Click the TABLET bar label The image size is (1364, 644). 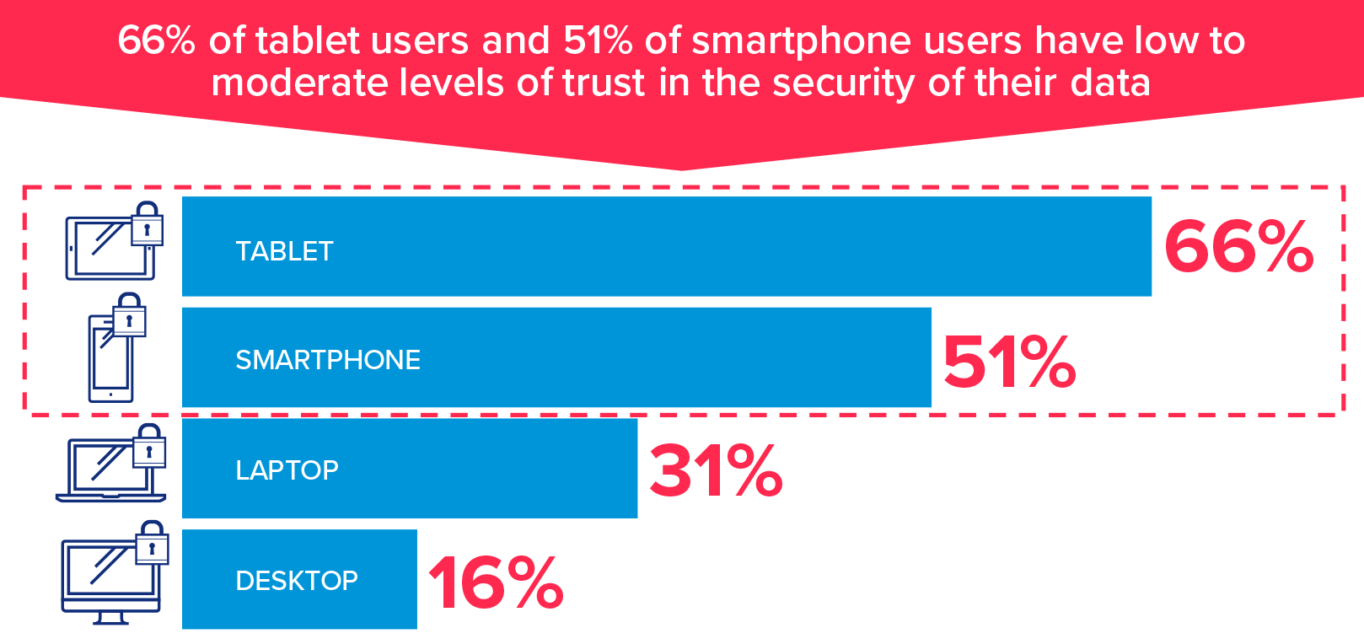click(x=284, y=251)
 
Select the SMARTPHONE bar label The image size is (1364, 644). click(x=328, y=360)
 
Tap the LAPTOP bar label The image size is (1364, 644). click(x=287, y=470)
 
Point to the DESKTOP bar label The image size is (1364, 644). click(x=297, y=580)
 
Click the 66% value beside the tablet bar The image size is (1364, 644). click(x=1238, y=247)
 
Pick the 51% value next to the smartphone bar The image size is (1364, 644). click(x=1009, y=362)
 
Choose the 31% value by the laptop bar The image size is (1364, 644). click(x=716, y=471)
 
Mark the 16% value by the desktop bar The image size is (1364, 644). click(x=496, y=582)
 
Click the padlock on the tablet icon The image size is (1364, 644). click(x=147, y=224)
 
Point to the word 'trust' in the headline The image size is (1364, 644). click(x=604, y=83)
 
